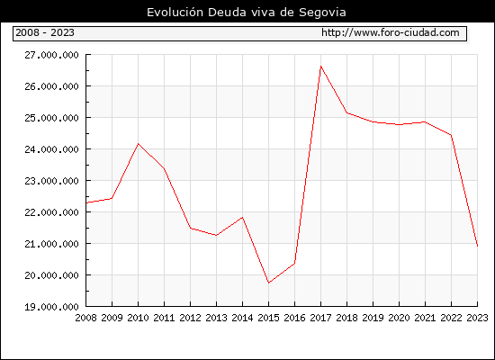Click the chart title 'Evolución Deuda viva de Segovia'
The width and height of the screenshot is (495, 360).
247,13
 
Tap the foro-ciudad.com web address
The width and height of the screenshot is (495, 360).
391,32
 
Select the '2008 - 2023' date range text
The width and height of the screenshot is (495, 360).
45,32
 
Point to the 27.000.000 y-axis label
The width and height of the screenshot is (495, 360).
52,55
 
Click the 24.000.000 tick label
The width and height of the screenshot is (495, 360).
52,149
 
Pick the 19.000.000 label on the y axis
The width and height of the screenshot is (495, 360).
52,307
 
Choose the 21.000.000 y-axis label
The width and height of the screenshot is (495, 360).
52,244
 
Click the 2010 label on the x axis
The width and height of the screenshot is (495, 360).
138,318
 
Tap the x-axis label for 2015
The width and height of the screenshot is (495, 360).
269,318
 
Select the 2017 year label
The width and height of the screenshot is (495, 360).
320,318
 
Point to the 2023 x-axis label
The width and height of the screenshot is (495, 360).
477,318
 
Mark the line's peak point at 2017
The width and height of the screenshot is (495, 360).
320,67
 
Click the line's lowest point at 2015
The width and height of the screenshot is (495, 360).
269,283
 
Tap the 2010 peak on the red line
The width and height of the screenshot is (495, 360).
138,144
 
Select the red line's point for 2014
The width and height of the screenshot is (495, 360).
242,217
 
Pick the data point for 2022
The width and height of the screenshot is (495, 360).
451,135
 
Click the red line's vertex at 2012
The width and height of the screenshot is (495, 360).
191,228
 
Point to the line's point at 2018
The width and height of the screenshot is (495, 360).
346,112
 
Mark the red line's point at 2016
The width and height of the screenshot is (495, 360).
294,263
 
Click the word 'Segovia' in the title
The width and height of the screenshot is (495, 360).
322,13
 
